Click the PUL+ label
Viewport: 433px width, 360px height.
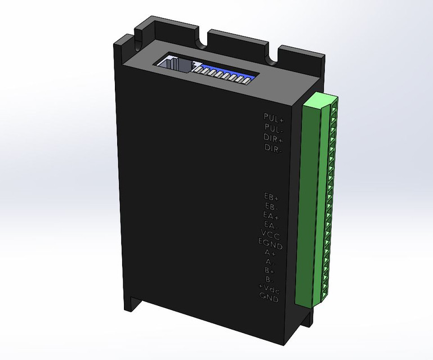274,117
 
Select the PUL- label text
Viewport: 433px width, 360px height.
274,127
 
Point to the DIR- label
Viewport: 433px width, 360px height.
274,148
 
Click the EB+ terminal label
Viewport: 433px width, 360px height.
271,197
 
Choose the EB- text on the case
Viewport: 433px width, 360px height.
271,207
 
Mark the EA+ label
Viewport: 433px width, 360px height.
271,216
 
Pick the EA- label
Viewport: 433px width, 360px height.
271,226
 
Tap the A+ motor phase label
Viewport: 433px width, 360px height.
270,253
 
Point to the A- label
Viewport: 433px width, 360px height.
270,262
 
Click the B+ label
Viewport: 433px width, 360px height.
270,271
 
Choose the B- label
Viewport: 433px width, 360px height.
270,280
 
